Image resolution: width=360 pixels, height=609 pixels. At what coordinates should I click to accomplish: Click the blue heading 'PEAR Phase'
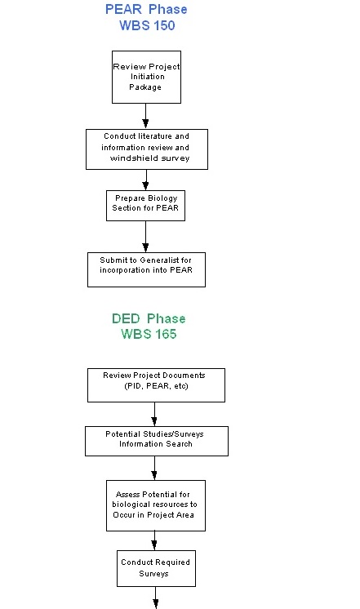coord(146,10)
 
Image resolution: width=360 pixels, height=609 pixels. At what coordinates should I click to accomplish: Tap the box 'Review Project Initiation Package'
coord(146,77)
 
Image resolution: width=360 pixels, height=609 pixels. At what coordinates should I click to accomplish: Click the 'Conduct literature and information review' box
coord(147,148)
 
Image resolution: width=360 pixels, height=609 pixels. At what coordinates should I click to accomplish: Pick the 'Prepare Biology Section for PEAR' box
coord(146,205)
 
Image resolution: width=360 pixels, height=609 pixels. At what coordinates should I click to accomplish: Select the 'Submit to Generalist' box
coord(146,269)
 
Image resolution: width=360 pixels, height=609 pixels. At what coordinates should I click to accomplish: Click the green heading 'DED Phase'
coord(149,318)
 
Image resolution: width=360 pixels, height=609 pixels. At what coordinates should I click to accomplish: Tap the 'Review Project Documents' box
coord(156,385)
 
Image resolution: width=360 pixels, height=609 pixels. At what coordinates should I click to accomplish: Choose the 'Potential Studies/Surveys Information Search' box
coord(156,440)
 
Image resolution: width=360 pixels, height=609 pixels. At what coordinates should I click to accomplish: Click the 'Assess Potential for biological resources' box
coord(156,505)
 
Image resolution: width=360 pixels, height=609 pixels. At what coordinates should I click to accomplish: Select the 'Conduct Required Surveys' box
coord(156,567)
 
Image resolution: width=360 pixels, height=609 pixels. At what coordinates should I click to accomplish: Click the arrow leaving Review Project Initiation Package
coord(146,115)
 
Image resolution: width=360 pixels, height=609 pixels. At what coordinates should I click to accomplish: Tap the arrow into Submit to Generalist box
coord(146,237)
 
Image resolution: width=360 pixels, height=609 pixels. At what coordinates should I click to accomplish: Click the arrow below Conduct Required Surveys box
coord(156,598)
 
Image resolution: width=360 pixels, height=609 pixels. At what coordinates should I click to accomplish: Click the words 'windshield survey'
coord(149,158)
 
